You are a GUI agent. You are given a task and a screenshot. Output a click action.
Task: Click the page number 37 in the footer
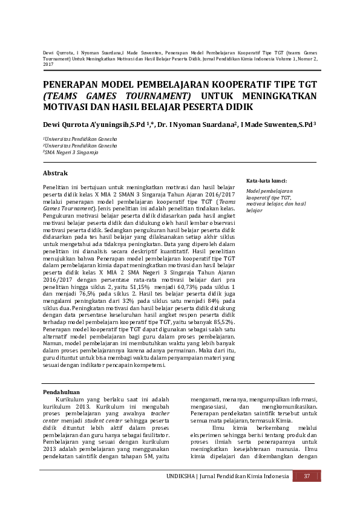click(x=307, y=477)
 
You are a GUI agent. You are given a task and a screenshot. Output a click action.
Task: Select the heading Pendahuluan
click(x=62, y=392)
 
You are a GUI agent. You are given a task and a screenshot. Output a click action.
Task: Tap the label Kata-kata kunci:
click(x=266, y=180)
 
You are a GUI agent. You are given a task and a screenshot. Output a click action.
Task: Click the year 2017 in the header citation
click(x=48, y=63)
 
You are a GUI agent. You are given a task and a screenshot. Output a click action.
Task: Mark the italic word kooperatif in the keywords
click(x=258, y=197)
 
